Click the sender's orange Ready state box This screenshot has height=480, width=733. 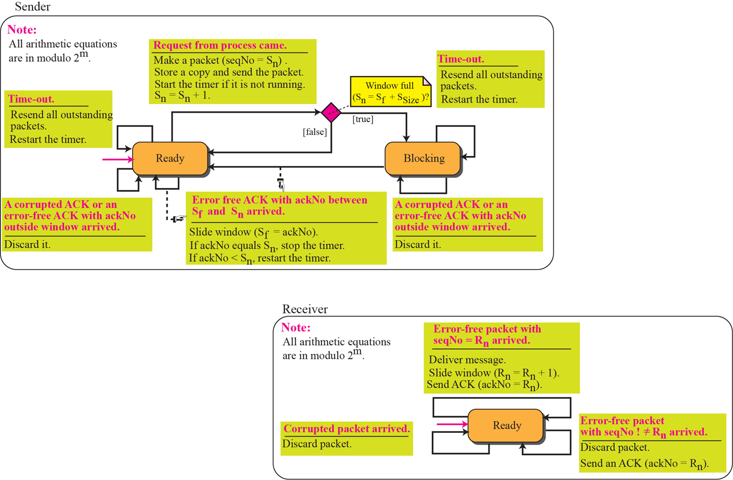170,158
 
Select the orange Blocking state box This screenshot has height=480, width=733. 423,158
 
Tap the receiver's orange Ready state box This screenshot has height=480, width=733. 506,425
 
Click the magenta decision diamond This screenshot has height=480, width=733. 331,112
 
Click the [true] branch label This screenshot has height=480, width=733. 363,119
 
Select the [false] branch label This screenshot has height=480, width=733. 314,132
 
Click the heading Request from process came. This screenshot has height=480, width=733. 220,46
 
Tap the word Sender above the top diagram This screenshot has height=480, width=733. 33,7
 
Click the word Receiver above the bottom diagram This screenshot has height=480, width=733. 305,309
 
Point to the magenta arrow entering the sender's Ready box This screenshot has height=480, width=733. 117,159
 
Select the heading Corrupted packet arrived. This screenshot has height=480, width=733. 346,429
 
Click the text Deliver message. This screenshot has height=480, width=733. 467,360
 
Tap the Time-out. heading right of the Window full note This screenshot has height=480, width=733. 461,59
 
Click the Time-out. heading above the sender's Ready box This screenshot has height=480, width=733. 31,99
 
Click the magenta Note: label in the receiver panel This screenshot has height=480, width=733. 297,328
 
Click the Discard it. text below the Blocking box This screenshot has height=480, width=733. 417,244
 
